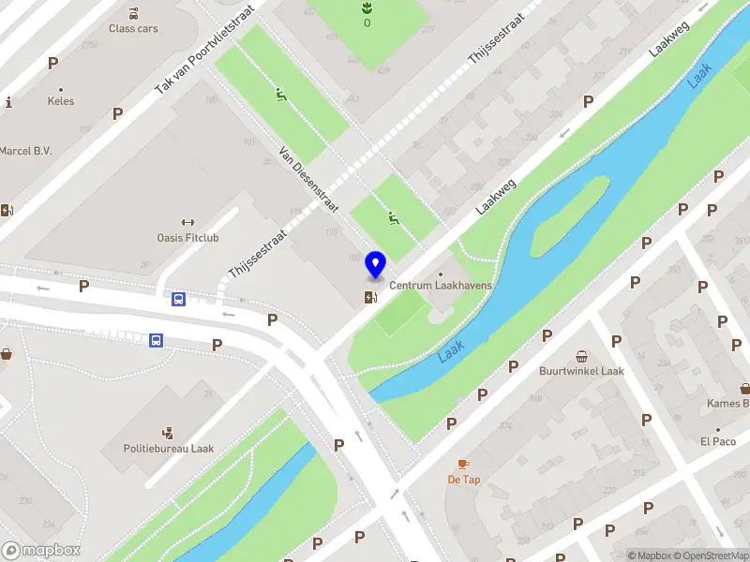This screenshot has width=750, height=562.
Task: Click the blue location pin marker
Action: [376, 265]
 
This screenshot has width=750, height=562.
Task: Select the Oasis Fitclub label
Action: [187, 238]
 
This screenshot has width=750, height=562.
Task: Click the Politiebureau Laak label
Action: [169, 449]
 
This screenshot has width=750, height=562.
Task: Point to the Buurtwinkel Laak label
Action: [581, 371]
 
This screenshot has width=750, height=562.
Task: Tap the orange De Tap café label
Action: [463, 480]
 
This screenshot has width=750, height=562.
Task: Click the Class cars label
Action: [133, 28]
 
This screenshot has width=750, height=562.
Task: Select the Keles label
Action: [61, 101]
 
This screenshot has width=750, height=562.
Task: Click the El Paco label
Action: [718, 441]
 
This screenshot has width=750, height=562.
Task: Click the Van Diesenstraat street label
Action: [308, 179]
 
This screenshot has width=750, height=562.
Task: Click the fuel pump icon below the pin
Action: [372, 298]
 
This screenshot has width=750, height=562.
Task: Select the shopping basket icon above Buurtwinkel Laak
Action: [581, 356]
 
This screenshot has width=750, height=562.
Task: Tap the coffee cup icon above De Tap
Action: [463, 465]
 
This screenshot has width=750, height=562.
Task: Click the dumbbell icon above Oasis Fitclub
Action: [187, 223]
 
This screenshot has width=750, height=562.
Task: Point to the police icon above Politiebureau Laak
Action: [169, 433]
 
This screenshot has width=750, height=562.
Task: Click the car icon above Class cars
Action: [133, 13]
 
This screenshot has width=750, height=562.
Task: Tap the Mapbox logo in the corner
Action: [40, 551]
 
